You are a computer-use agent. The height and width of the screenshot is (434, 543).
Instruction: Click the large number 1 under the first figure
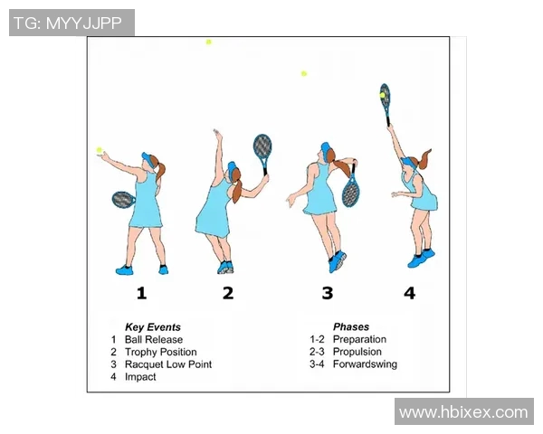click(x=141, y=293)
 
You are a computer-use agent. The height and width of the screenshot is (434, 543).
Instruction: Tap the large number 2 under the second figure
click(x=228, y=293)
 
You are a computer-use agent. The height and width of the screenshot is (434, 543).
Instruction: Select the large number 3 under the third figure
click(x=328, y=293)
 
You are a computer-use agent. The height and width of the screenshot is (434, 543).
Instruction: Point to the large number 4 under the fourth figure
click(x=410, y=293)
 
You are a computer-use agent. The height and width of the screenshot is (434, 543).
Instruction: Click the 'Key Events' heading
click(x=153, y=327)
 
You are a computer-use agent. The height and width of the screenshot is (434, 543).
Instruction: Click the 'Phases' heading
click(x=351, y=326)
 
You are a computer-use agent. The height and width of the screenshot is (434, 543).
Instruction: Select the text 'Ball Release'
click(x=154, y=340)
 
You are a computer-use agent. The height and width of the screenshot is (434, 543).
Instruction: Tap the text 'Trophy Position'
click(x=161, y=352)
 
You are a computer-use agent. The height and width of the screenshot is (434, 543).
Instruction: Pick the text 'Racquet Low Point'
click(x=168, y=364)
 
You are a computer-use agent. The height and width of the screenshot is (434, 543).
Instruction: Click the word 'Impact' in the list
click(x=140, y=377)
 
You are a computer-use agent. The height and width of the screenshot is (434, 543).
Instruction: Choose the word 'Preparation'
click(x=359, y=339)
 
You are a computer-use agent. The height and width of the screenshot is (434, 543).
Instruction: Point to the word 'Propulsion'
click(x=357, y=352)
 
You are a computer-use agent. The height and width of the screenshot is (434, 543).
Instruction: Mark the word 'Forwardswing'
click(x=365, y=364)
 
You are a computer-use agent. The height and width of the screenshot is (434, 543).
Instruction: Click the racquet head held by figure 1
click(x=122, y=200)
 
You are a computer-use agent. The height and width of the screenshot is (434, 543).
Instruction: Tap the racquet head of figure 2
click(x=262, y=146)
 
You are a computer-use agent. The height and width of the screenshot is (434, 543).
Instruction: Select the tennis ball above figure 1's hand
click(x=100, y=150)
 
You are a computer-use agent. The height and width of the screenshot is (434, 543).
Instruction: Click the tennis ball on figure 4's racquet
click(x=382, y=95)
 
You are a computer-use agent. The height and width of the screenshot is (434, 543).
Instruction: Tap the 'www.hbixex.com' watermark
click(x=463, y=412)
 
